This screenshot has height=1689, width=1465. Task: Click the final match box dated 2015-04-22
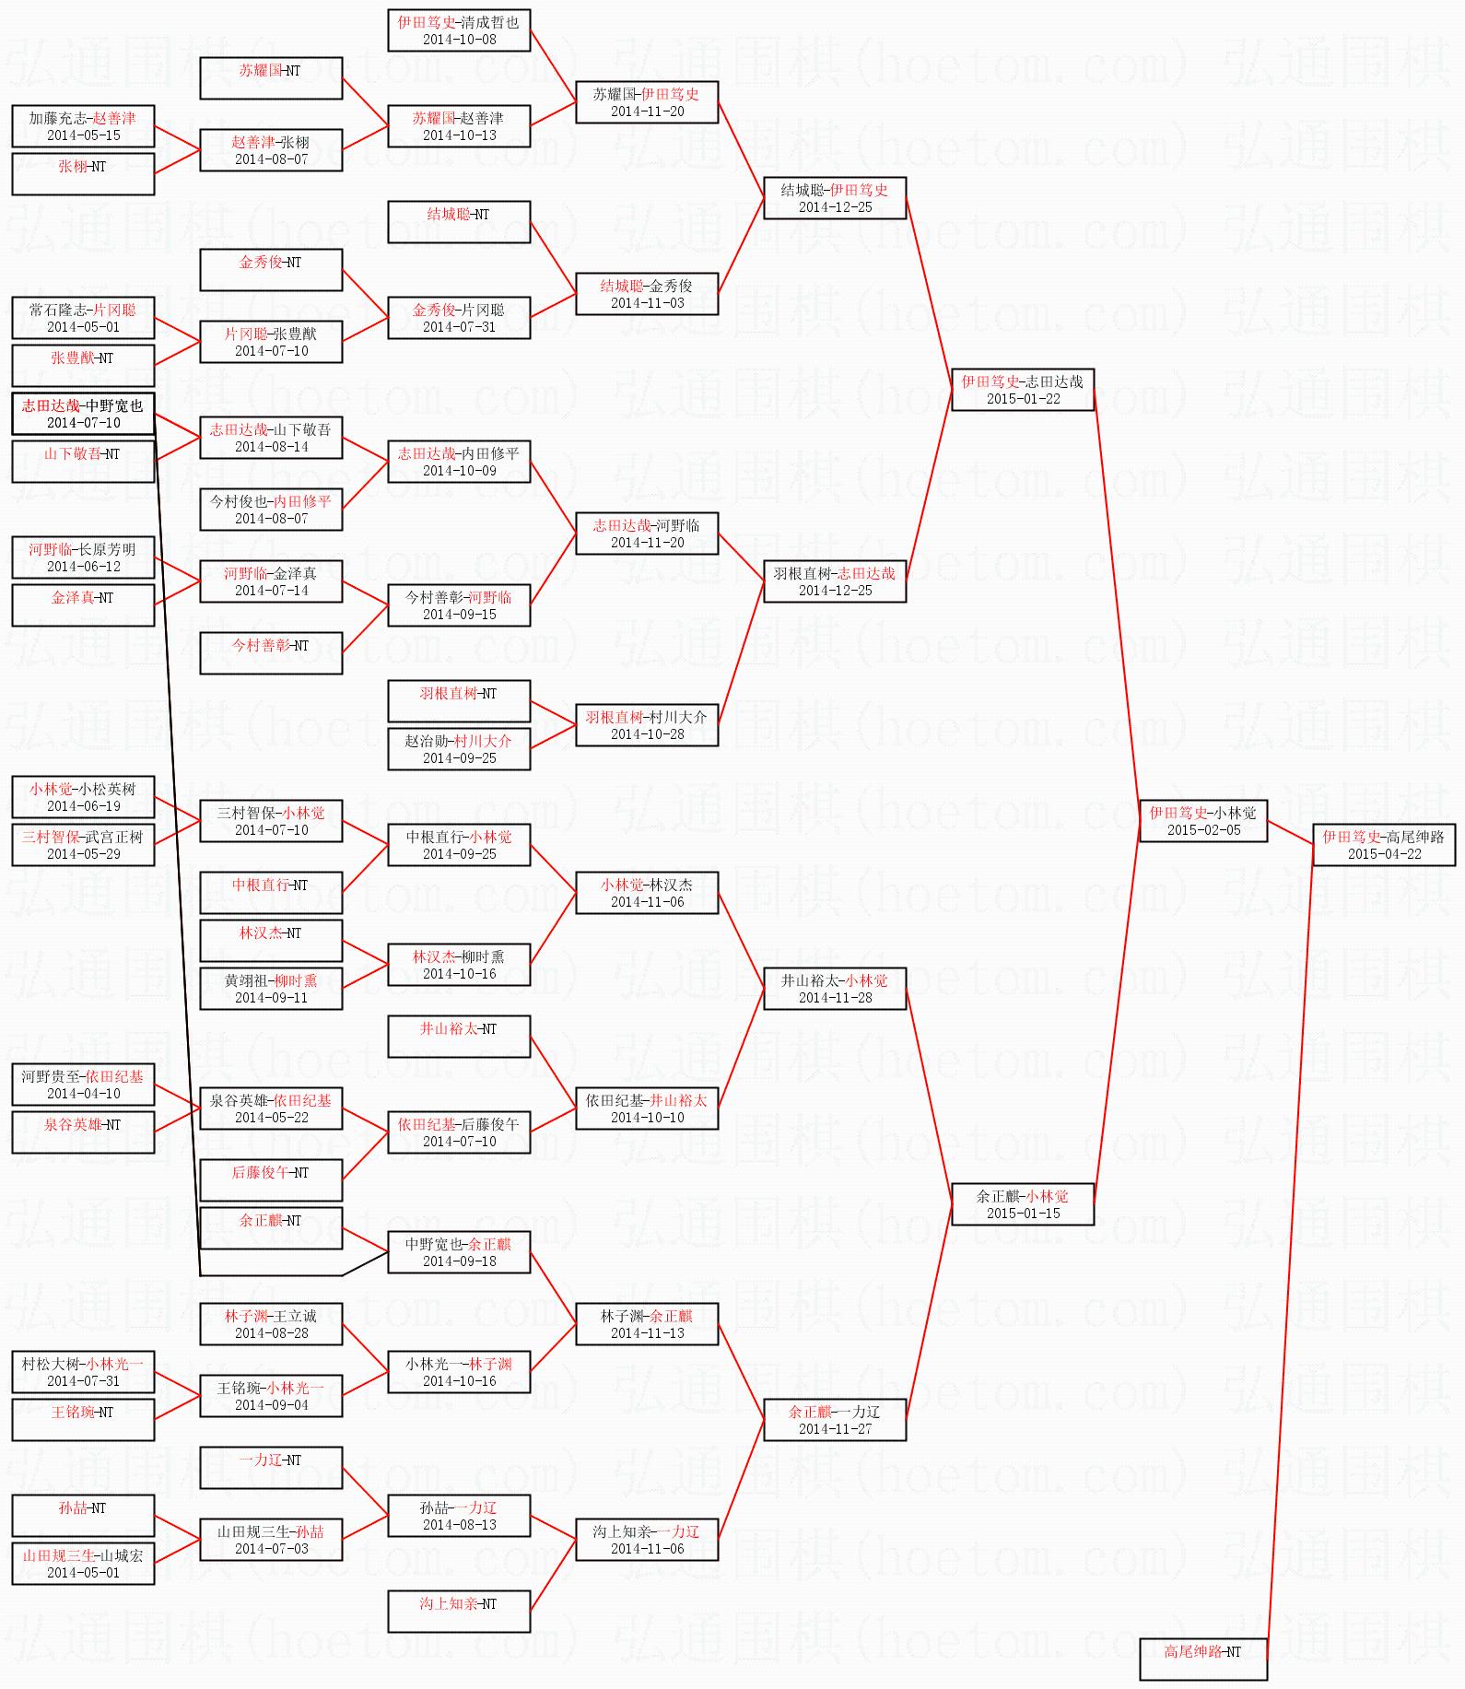tap(1383, 845)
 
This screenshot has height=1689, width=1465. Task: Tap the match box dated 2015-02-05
tap(1202, 821)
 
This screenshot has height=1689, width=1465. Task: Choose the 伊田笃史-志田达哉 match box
tap(1022, 390)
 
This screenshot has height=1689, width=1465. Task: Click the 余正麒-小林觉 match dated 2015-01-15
tap(1022, 1204)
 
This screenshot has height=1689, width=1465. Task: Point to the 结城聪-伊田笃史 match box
tap(834, 198)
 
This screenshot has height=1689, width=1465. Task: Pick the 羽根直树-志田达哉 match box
tap(834, 581)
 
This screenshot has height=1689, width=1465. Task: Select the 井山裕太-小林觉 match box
tap(834, 989)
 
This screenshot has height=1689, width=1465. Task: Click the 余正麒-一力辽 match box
tap(834, 1420)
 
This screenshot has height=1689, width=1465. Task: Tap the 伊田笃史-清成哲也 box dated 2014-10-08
tap(458, 30)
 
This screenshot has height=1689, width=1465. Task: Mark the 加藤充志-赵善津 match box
tap(83, 126)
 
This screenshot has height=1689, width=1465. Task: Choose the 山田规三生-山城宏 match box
tap(83, 1564)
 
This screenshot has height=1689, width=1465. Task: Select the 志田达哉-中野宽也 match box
tap(83, 414)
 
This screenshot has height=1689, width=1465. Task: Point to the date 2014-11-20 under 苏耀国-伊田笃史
tap(647, 111)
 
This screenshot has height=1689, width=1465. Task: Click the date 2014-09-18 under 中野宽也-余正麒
tap(459, 1261)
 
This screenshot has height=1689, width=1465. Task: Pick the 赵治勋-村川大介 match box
tap(458, 749)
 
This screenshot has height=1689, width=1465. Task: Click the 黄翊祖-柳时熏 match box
tap(271, 989)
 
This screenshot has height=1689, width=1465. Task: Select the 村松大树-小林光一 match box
tap(83, 1372)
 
